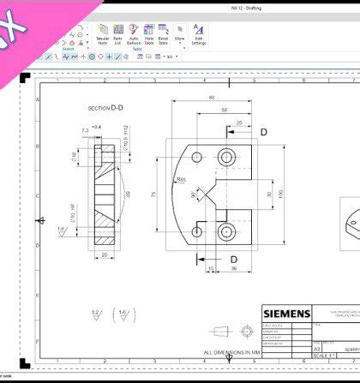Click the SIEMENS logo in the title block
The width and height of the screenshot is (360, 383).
pos(286,314)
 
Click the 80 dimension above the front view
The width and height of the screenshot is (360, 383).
pos(211,99)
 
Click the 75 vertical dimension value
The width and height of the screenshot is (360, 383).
pos(155,194)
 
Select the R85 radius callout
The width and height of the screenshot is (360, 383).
pos(182,180)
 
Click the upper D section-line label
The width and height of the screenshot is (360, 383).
pos(263,132)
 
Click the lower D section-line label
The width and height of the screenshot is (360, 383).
pos(233,258)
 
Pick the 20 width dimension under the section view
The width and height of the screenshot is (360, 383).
pos(104,254)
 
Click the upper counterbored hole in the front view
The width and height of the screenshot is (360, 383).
pos(226,157)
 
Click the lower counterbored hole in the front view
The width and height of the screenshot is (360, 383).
pos(226,231)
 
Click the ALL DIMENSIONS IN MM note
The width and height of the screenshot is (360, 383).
pos(231,352)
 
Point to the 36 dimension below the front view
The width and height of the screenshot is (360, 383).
pos(233,269)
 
